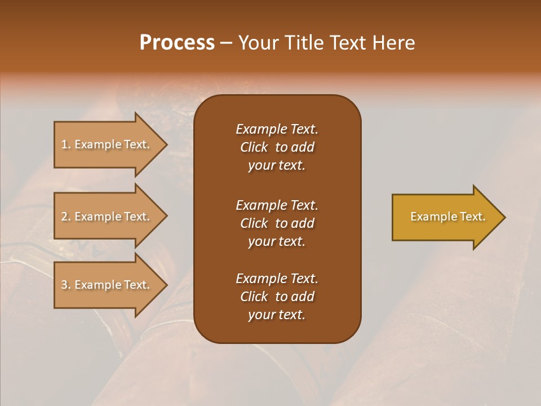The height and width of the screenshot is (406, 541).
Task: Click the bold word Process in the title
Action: [x=177, y=43]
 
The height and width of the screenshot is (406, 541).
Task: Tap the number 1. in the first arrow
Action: [x=66, y=144]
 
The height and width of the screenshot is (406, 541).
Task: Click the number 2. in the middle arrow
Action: [x=66, y=217]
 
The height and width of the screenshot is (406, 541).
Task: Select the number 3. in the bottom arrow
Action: [x=66, y=285]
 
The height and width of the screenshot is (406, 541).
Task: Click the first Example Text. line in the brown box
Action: [x=277, y=129]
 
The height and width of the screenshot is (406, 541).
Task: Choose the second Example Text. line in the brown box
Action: [x=277, y=205]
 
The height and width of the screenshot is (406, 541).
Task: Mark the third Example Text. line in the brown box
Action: [x=277, y=279]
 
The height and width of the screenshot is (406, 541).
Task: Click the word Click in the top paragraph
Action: [x=254, y=147]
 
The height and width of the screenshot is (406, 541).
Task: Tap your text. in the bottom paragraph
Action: [x=276, y=315]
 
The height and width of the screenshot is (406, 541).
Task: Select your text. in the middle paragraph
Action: [x=276, y=241]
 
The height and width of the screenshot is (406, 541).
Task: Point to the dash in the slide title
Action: [x=226, y=43]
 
